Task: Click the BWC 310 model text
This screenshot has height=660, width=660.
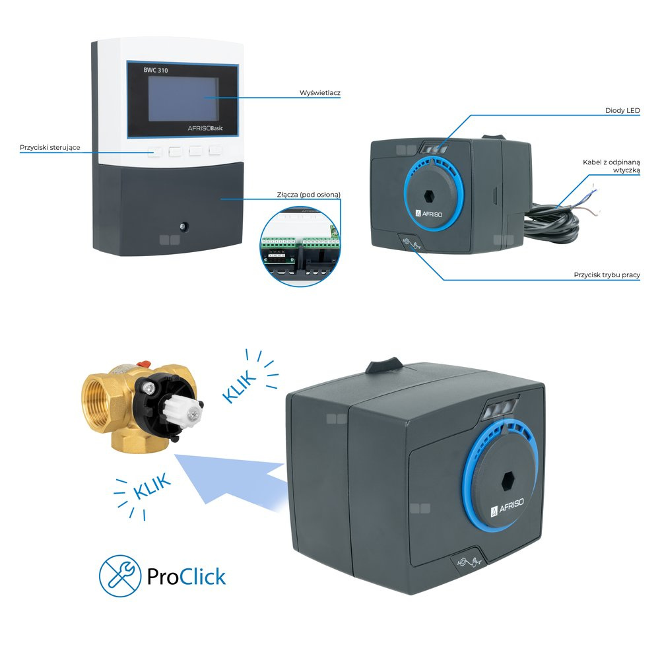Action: point(155,71)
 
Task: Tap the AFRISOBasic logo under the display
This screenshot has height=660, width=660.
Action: point(205,129)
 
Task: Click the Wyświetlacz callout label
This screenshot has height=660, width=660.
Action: point(320,93)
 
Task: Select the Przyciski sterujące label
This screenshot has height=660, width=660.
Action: point(49,148)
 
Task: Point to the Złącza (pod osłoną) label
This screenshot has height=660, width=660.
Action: point(308,195)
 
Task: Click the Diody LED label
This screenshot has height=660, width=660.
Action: point(622,111)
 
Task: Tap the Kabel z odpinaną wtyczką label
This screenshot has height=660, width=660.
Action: point(611,166)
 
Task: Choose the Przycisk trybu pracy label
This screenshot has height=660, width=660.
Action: point(607,275)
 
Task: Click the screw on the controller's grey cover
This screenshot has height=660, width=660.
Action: point(183,227)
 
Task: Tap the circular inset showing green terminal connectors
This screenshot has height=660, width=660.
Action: point(300,247)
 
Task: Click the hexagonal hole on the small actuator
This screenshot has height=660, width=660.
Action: point(428,195)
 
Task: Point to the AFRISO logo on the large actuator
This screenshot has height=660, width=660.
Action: point(507,507)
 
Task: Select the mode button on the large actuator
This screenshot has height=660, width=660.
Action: point(468,562)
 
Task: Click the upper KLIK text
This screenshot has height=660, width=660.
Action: point(239,386)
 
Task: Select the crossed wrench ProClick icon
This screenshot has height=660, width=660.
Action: point(120,576)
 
